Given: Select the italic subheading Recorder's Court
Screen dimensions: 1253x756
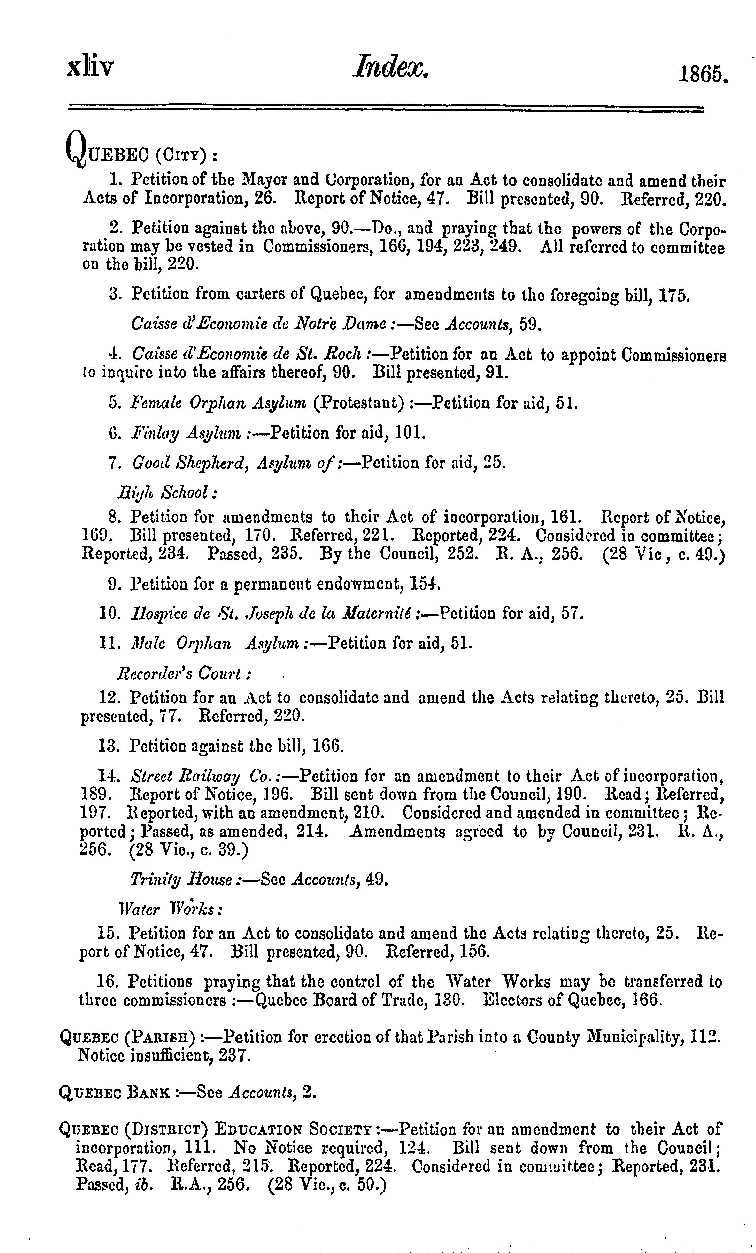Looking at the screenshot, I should (x=183, y=674).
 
